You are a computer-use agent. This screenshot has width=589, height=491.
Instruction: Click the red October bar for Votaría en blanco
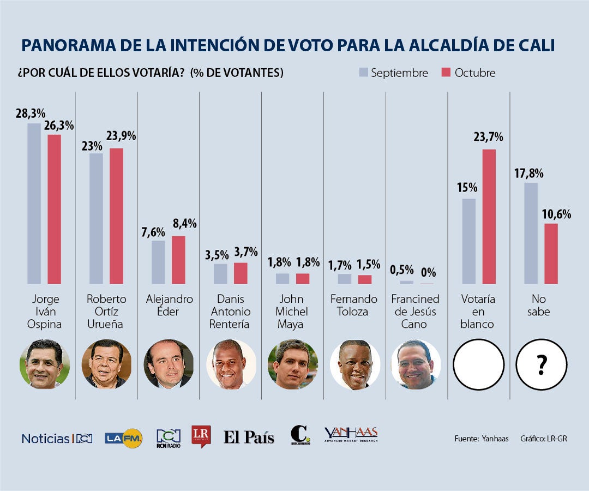click(489, 217)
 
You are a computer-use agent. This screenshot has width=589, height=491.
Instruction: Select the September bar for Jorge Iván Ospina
click(34, 203)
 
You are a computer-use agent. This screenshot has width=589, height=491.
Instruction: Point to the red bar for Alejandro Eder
click(178, 260)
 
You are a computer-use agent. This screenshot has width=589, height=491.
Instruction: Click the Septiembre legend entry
click(393, 73)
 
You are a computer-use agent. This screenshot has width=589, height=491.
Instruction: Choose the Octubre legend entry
click(468, 73)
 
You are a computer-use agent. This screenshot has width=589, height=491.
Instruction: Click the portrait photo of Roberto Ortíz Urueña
click(106, 364)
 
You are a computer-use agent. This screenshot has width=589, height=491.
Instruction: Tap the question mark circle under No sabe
click(542, 364)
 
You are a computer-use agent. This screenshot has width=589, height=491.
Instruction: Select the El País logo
click(249, 437)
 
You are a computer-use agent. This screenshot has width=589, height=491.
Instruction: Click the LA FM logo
click(124, 438)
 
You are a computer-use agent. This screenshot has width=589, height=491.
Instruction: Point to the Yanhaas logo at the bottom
click(351, 435)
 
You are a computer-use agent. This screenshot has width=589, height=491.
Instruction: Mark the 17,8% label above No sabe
click(528, 173)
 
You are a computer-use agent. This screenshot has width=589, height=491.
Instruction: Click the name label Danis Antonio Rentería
click(231, 312)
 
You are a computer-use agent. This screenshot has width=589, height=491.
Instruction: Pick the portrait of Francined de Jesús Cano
click(416, 364)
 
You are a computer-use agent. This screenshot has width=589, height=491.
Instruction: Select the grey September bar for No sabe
click(531, 233)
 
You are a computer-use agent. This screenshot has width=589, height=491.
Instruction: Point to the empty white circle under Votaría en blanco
click(478, 364)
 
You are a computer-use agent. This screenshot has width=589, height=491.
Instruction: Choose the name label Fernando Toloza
click(354, 306)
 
